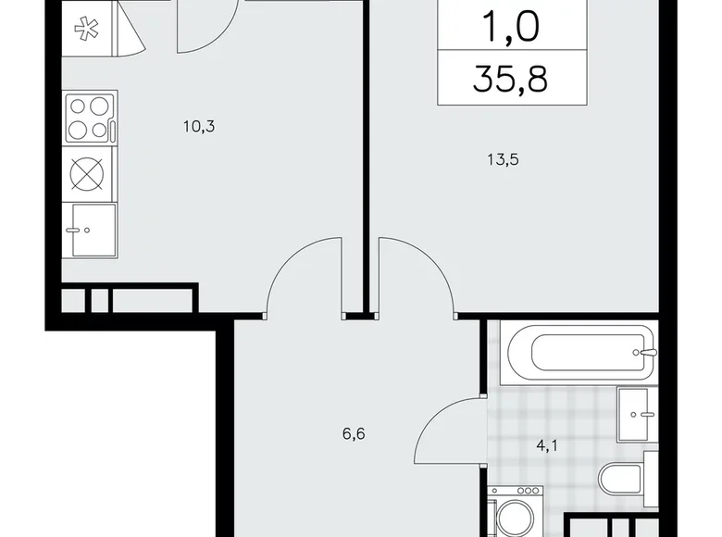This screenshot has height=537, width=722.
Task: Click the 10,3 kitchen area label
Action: coord(199,127)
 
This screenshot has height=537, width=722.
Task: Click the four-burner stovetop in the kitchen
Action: coord(91,118)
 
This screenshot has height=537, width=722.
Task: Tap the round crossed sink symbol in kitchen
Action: coord(91,173)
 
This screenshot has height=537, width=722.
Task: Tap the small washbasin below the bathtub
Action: coord(637,415)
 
